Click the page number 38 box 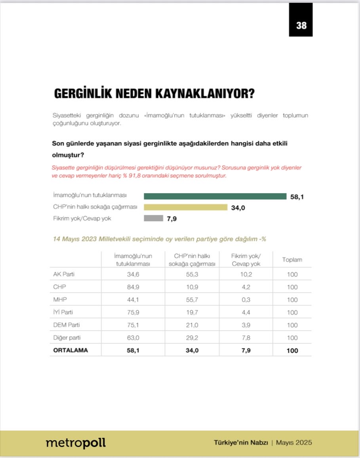tap(301, 25)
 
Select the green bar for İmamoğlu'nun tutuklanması tap(215, 196)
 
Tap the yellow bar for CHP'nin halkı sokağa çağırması tap(185, 207)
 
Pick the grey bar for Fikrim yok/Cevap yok tap(153, 218)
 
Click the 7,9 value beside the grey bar tap(171, 219)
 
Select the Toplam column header tap(292, 260)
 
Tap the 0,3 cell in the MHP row tap(246, 300)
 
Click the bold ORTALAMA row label tap(70, 350)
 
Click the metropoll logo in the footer tap(76, 443)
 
